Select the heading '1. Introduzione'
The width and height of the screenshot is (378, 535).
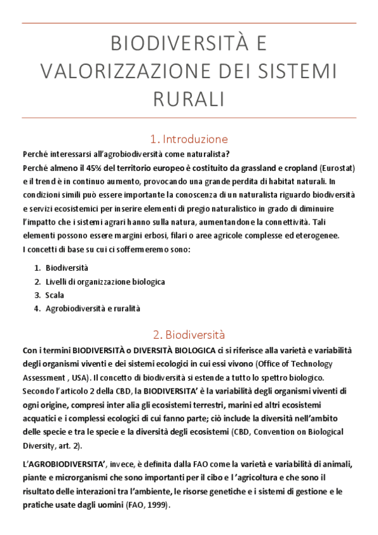tap(189, 139)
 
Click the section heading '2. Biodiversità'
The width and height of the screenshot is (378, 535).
tap(189, 334)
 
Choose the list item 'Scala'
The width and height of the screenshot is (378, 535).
tap(55, 295)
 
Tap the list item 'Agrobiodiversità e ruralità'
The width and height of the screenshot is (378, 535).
tap(93, 309)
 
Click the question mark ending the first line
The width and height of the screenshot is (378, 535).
tap(228, 155)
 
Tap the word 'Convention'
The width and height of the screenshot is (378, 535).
tap(251, 432)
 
